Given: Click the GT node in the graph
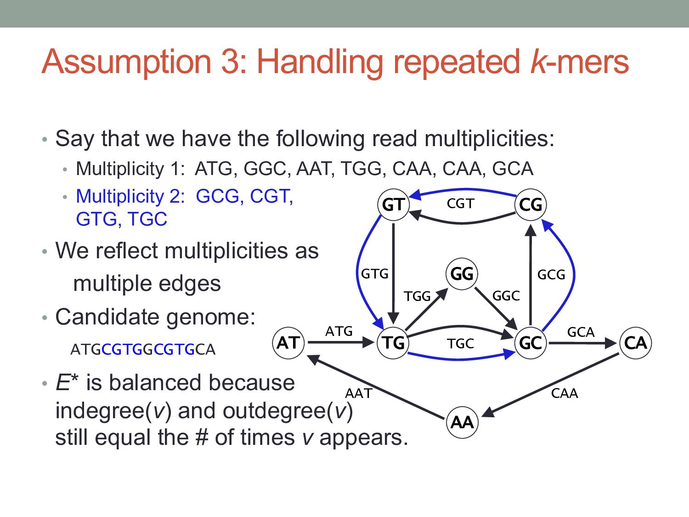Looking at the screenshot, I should (x=393, y=205).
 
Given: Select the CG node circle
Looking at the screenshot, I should (x=531, y=205).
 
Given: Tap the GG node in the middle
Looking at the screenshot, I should (x=462, y=274).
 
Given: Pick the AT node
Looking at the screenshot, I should (x=288, y=343).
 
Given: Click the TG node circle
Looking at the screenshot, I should (x=393, y=343).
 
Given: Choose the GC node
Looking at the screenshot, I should (x=531, y=343).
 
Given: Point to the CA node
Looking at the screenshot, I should (x=635, y=343).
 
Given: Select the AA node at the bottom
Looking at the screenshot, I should (x=462, y=422).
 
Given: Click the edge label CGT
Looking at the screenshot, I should (x=460, y=204).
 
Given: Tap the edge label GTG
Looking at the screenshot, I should (x=375, y=274).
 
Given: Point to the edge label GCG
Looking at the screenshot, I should (x=551, y=275).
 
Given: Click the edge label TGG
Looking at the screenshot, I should (x=417, y=296).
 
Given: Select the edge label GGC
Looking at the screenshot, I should (x=506, y=296).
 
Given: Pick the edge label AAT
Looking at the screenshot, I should (x=358, y=393).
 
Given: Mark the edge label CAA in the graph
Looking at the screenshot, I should (x=565, y=393).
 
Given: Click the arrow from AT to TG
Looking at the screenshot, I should (x=340, y=343).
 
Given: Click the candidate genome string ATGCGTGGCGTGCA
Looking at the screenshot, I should (x=143, y=350).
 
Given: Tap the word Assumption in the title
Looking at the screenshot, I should (x=127, y=62).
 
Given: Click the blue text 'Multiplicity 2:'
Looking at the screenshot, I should (x=130, y=196).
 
